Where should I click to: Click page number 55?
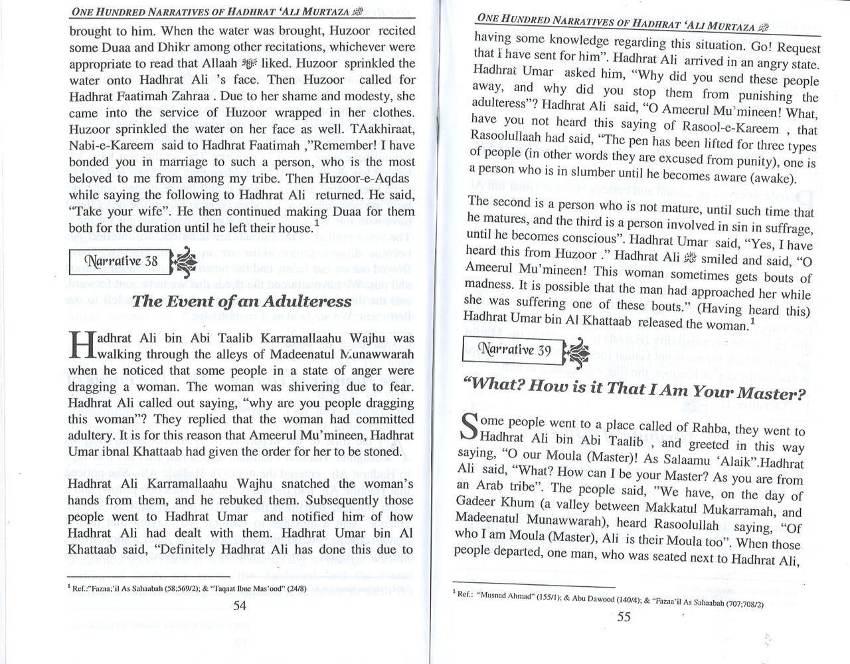pyautogui.click(x=624, y=615)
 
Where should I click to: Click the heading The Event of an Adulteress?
pyautogui.click(x=241, y=301)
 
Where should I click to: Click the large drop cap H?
pyautogui.click(x=82, y=348)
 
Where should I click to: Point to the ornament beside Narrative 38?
pyautogui.click(x=182, y=260)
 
